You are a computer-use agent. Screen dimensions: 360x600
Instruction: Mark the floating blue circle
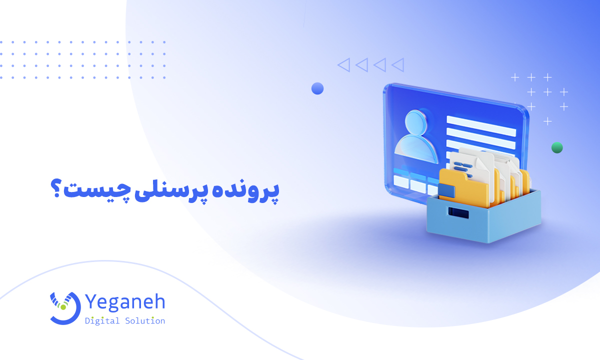pyautogui.click(x=317, y=88)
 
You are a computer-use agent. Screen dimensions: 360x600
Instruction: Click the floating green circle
pyautogui.click(x=557, y=147)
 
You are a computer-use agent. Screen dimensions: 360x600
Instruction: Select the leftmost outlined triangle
pyautogui.click(x=343, y=64)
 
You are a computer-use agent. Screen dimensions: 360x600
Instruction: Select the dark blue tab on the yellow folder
pyautogui.click(x=446, y=191)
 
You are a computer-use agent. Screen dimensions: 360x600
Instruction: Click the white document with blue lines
pyautogui.click(x=467, y=162)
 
